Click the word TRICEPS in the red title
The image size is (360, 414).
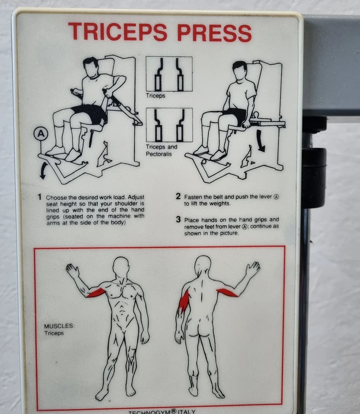[x=117, y=32]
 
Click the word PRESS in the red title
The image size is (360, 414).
[x=215, y=33]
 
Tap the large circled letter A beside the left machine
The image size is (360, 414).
[x=40, y=134]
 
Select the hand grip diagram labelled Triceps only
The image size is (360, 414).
[x=169, y=74]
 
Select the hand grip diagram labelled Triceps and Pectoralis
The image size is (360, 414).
[x=169, y=125]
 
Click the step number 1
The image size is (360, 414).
[x=40, y=197]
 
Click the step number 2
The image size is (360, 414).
[x=178, y=196]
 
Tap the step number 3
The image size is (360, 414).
[x=179, y=220]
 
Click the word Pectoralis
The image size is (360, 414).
[x=159, y=154]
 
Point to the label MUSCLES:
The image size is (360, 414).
[x=59, y=326]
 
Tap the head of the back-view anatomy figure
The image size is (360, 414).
[x=203, y=265]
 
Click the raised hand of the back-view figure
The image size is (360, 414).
[x=252, y=269]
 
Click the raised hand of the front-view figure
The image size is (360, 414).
[x=72, y=271]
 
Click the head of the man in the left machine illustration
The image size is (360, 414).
[x=91, y=67]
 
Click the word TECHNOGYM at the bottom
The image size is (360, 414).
[x=149, y=412]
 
